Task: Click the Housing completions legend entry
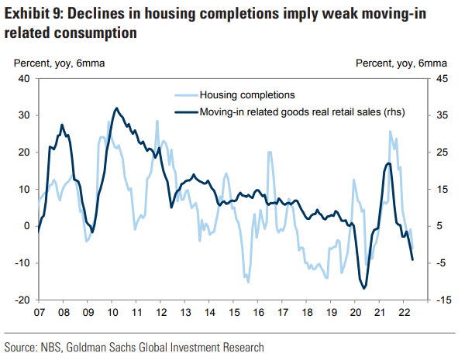tap(246, 95)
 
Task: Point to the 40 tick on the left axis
tap(23, 78)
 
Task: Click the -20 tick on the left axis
tap(22, 300)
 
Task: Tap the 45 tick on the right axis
tap(439, 78)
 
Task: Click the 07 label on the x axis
tap(37, 314)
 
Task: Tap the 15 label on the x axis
tap(234, 314)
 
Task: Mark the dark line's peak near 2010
tap(116, 108)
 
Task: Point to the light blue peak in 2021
tap(391, 132)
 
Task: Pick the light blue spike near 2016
tap(270, 152)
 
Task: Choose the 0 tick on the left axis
tap(26, 226)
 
